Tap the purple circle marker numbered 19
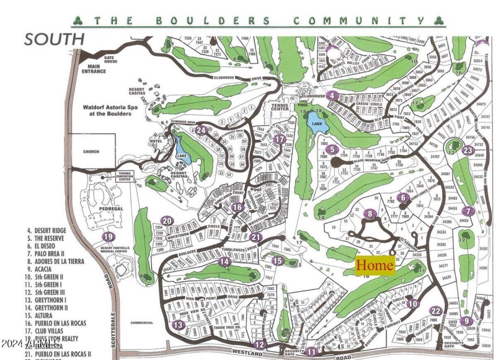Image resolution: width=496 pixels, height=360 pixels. (x=108, y=236)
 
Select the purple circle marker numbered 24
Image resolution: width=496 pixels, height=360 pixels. (x=201, y=130)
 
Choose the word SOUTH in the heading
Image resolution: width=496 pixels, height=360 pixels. (x=54, y=39)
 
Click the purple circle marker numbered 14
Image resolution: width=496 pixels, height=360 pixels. (x=224, y=261)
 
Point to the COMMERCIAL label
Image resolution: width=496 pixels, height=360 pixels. (x=142, y=323)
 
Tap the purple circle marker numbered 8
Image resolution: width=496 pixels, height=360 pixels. (x=371, y=214)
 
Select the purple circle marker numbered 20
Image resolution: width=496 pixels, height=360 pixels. (x=166, y=221)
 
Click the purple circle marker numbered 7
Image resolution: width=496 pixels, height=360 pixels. (x=469, y=211)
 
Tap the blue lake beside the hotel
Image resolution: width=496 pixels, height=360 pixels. (x=182, y=156)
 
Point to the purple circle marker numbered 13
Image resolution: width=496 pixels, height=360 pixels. (x=179, y=325)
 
